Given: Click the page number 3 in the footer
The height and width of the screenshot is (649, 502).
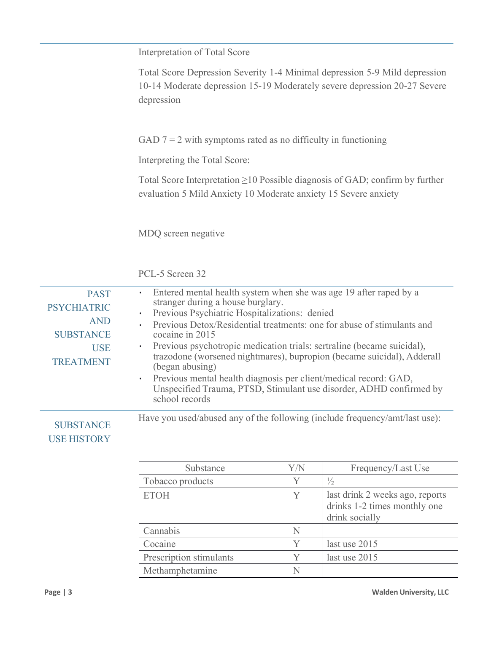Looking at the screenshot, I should [x=70, y=592].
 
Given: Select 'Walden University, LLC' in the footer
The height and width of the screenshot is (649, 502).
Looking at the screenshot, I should [x=410, y=592].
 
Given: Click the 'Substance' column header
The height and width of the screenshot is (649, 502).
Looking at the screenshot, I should [x=205, y=468].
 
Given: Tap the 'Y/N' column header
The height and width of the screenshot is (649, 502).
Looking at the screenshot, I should [x=297, y=468].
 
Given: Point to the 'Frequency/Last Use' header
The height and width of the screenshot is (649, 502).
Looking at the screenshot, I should [x=390, y=468].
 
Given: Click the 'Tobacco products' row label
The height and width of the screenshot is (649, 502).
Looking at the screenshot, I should [x=178, y=481].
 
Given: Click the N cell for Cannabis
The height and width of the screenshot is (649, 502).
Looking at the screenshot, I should [x=297, y=531].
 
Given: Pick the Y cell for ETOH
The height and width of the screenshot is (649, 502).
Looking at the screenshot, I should [x=297, y=495].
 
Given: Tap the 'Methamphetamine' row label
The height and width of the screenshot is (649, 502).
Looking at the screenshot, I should [x=180, y=571].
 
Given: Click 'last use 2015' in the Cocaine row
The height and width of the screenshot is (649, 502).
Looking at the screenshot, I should [x=352, y=544].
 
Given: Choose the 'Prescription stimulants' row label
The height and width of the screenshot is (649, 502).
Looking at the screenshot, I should [x=188, y=558].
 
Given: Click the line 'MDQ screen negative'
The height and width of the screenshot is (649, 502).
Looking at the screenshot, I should [x=181, y=233].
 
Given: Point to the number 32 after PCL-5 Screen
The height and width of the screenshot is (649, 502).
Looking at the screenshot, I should [x=201, y=274].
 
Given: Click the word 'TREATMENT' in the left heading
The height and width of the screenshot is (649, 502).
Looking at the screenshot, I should [x=81, y=362].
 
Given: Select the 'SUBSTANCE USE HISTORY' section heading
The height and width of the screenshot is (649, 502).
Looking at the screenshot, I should [x=80, y=432].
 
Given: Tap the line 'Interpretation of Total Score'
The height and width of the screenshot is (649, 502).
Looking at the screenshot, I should [x=194, y=52].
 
